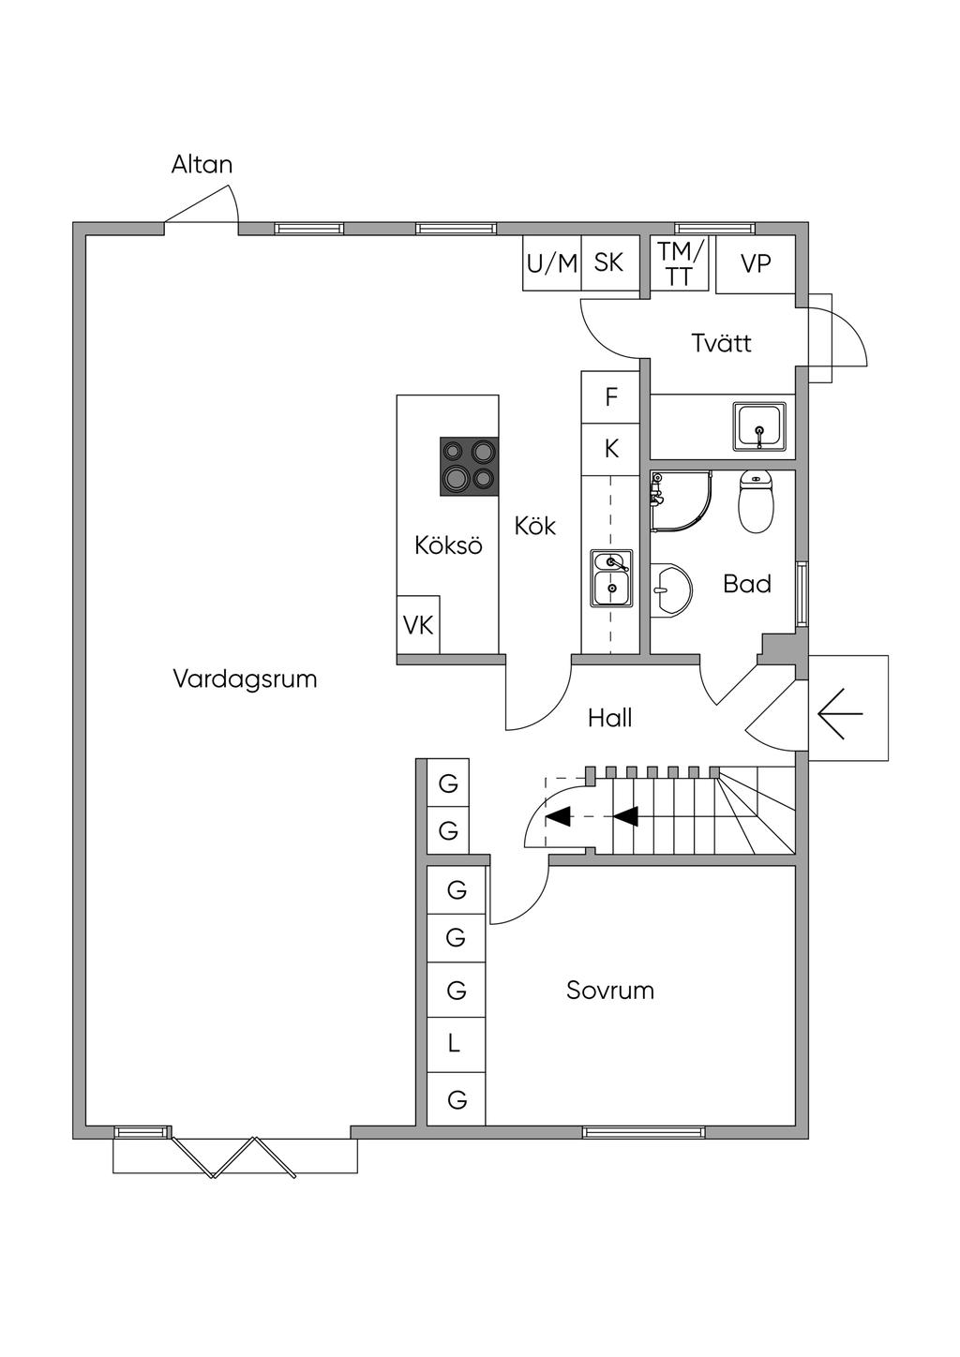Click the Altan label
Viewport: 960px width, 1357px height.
tap(202, 165)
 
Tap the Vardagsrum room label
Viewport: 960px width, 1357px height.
tap(245, 678)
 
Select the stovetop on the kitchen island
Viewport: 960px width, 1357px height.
tap(469, 466)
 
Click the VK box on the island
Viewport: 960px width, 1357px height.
tap(418, 624)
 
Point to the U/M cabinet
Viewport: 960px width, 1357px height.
tap(552, 263)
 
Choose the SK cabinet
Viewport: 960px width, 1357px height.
tap(609, 262)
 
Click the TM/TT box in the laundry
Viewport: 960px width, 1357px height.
tap(680, 263)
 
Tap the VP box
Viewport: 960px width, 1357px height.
tap(756, 264)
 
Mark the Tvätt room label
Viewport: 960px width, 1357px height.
tap(722, 343)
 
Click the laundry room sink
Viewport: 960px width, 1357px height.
tap(760, 426)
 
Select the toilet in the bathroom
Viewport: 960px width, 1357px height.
tap(757, 500)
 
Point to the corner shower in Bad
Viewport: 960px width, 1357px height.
tap(680, 500)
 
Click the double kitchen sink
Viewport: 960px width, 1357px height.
tap(611, 577)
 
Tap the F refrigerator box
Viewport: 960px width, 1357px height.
tap(611, 397)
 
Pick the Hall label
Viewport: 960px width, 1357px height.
tap(610, 719)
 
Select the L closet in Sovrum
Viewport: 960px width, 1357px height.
tap(455, 1044)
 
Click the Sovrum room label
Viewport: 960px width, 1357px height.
tap(610, 991)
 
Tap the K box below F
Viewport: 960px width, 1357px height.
tap(611, 449)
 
